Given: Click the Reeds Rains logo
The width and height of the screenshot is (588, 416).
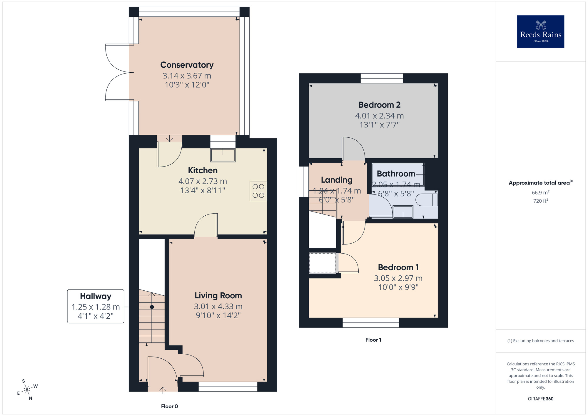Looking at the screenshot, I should [x=540, y=32].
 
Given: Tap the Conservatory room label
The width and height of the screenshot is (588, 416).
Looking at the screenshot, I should [x=187, y=65].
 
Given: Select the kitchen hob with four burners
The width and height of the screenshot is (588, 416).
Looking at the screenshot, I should [x=258, y=191].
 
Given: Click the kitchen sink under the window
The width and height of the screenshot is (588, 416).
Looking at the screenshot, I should [x=223, y=155].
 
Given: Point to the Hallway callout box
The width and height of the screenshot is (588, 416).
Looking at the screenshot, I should [x=96, y=306].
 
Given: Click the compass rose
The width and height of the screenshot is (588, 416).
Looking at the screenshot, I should [x=27, y=390].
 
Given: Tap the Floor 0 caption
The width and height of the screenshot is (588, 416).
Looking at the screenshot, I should [x=169, y=406].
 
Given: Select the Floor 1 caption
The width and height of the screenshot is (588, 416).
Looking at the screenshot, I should [x=373, y=340].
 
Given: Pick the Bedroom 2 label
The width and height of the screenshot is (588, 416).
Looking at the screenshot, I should [x=379, y=105].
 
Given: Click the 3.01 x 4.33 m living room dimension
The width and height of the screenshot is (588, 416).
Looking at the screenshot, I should [x=218, y=306].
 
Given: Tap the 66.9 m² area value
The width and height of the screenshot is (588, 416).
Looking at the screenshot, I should [x=540, y=192].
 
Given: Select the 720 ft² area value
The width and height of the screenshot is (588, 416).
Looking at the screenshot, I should [x=540, y=201].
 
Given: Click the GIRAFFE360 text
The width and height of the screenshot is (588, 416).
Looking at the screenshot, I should [x=540, y=399].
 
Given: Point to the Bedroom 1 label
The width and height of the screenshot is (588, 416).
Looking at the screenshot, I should [x=398, y=267].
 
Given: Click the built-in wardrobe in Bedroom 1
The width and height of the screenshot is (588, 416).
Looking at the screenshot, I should [x=322, y=263].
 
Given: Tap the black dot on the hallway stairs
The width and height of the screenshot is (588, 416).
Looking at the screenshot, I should [x=152, y=307].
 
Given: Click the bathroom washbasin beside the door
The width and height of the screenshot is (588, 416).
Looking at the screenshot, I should [x=403, y=212].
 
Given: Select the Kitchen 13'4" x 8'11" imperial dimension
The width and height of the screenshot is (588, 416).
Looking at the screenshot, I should [x=203, y=190].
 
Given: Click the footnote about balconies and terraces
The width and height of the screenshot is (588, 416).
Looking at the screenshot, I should [x=540, y=341].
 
